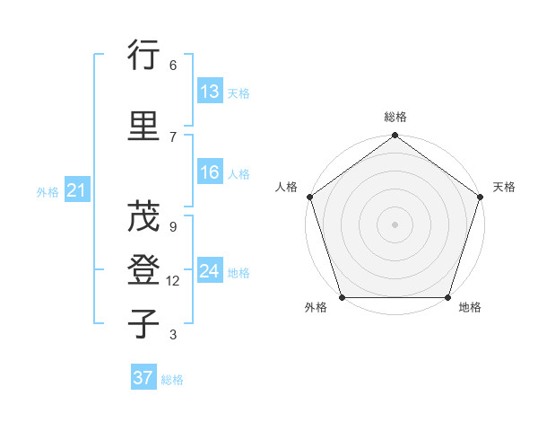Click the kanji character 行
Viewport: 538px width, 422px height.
[143, 58]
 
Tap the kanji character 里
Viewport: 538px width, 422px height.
[143, 126]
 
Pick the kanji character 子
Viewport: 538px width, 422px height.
[143, 323]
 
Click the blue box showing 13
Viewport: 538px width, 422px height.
[210, 92]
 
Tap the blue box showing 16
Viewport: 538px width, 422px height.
[210, 173]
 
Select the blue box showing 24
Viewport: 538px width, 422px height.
[210, 272]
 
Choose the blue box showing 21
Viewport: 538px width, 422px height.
[76, 191]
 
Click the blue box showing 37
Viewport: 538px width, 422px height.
[143, 378]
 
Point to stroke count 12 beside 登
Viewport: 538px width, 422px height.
[173, 281]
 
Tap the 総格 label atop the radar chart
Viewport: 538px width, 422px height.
[395, 118]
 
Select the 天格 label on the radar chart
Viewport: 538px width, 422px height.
[504, 187]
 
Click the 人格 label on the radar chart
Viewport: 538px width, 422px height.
[286, 187]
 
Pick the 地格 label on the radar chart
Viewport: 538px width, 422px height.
[470, 308]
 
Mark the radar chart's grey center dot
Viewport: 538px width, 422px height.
[395, 224]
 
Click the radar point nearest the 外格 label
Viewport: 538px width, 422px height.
[341, 297]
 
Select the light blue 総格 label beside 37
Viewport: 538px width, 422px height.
[172, 380]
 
